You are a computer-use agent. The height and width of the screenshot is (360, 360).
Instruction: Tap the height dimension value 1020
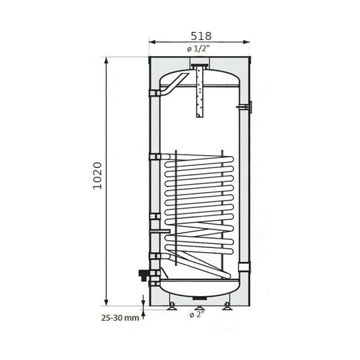[97, 177]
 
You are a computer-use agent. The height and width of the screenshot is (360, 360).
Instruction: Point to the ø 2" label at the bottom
[198, 315]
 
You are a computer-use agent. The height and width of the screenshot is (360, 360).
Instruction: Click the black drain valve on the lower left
[142, 273]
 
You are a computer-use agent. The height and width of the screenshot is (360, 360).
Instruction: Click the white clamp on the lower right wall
[246, 269]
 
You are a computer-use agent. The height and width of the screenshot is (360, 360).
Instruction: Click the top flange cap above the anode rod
[199, 66]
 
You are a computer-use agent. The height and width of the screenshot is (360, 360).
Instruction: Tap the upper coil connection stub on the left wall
[154, 157]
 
